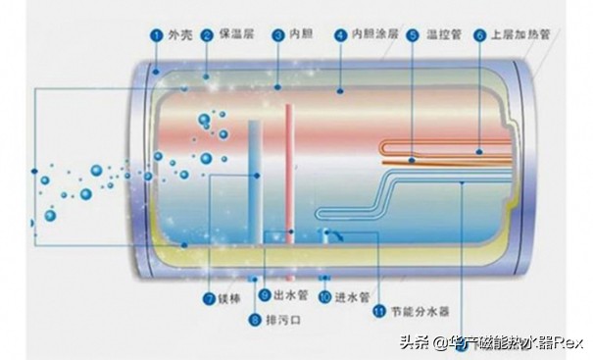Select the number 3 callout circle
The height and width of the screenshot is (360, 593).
click(278, 35)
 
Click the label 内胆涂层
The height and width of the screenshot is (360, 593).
click(375, 35)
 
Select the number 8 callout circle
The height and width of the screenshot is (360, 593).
click(255, 320)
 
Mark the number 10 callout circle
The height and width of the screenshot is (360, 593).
click(324, 295)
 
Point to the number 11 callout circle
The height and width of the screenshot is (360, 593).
click(378, 313)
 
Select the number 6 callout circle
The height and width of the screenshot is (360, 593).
click(479, 35)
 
